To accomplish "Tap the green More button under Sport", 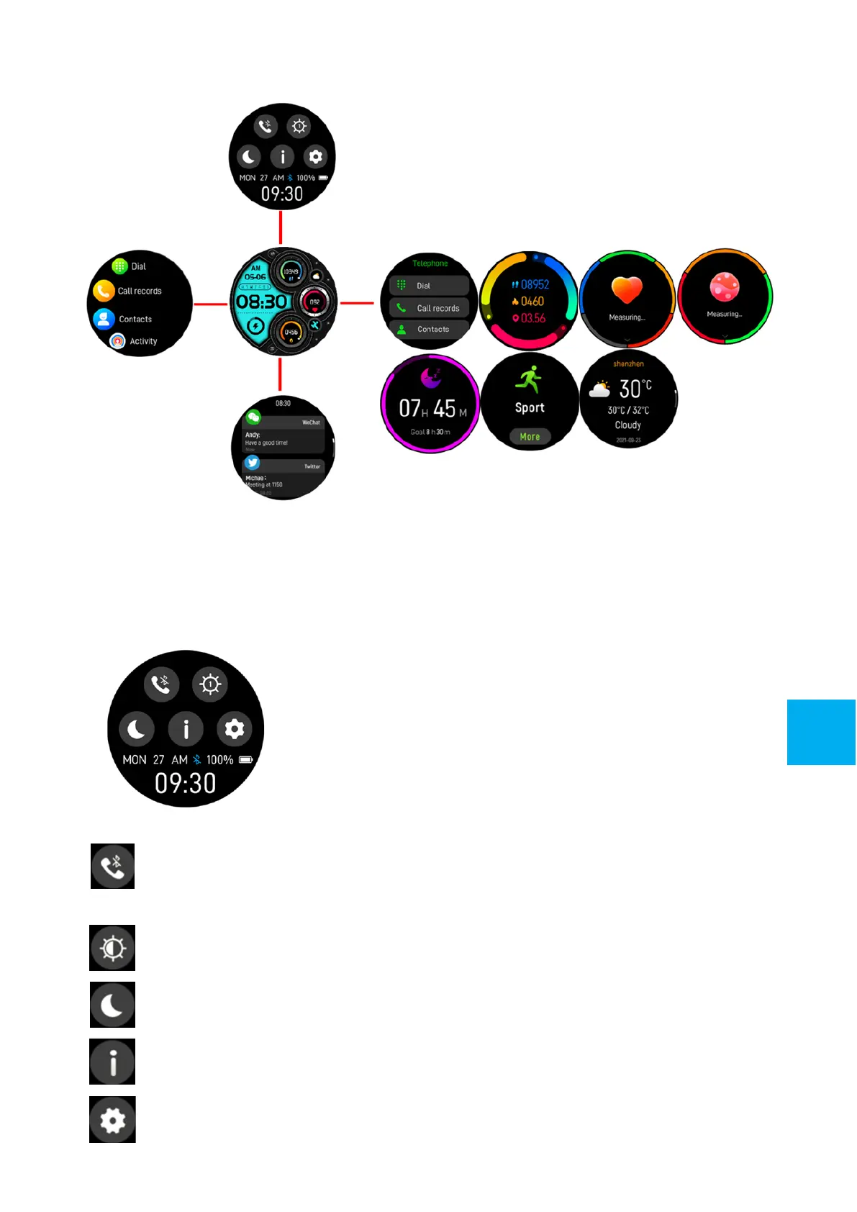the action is [x=530, y=437].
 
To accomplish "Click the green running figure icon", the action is [x=530, y=379].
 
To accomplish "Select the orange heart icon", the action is [x=627, y=290].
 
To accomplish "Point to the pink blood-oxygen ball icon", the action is [x=725, y=287].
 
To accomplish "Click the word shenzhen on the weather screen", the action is [x=628, y=364].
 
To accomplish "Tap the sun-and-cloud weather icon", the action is [x=599, y=390].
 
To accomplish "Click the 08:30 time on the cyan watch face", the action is [x=262, y=302].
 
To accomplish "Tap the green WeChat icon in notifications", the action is [x=253, y=417].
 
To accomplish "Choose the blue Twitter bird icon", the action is [x=252, y=463].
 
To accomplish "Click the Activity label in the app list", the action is [x=143, y=342].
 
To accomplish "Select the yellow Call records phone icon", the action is [x=104, y=291].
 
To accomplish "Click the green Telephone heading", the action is [x=430, y=264].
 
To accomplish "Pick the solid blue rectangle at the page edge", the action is [x=821, y=732].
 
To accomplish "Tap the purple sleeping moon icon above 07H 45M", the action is [x=430, y=377].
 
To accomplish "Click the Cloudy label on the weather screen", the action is [x=628, y=425].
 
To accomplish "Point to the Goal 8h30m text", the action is [x=430, y=433].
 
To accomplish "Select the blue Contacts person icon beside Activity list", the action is [x=104, y=319].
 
